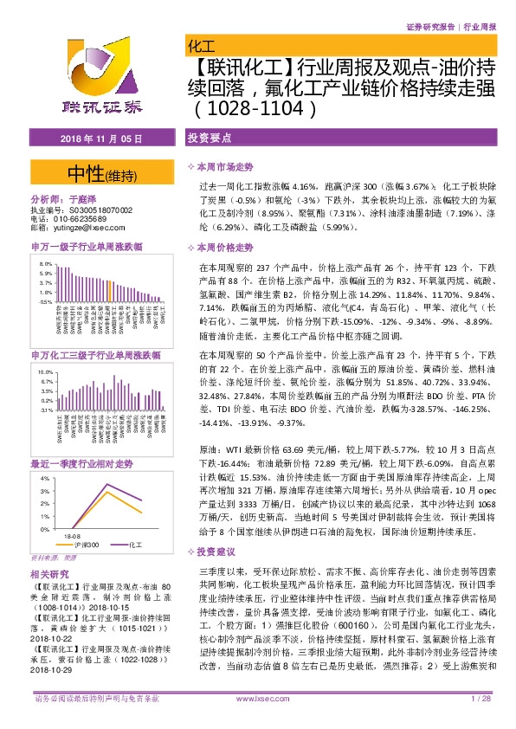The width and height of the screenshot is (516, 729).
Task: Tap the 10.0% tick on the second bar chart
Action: click(46, 371)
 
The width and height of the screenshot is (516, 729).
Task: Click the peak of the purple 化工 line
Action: click(105, 483)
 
